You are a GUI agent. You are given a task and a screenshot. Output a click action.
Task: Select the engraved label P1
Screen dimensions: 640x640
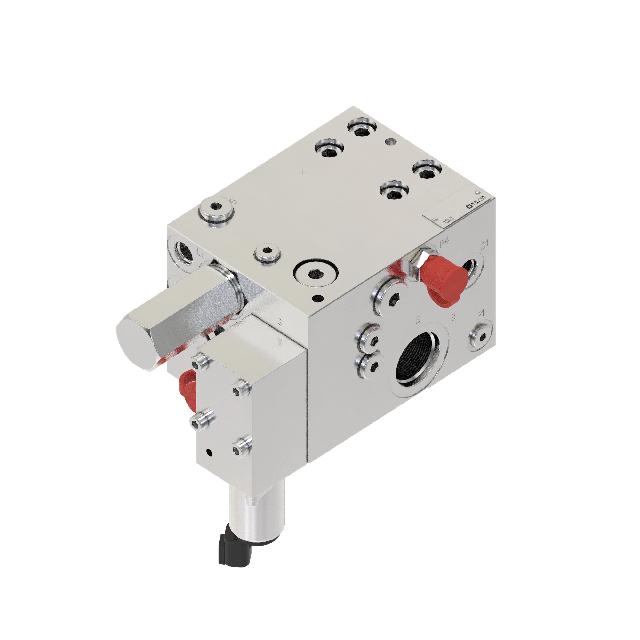coord(481,315)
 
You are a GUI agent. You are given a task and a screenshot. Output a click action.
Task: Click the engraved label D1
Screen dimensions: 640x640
coord(484,245)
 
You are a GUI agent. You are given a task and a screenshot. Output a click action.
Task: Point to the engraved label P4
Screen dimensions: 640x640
coord(444,243)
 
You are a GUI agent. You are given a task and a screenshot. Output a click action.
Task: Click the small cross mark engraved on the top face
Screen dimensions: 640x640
coord(303,172)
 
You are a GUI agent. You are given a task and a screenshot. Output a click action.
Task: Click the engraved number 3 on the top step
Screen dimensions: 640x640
coord(280,322)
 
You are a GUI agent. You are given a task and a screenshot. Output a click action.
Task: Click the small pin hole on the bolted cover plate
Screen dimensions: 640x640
coord(209,452)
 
